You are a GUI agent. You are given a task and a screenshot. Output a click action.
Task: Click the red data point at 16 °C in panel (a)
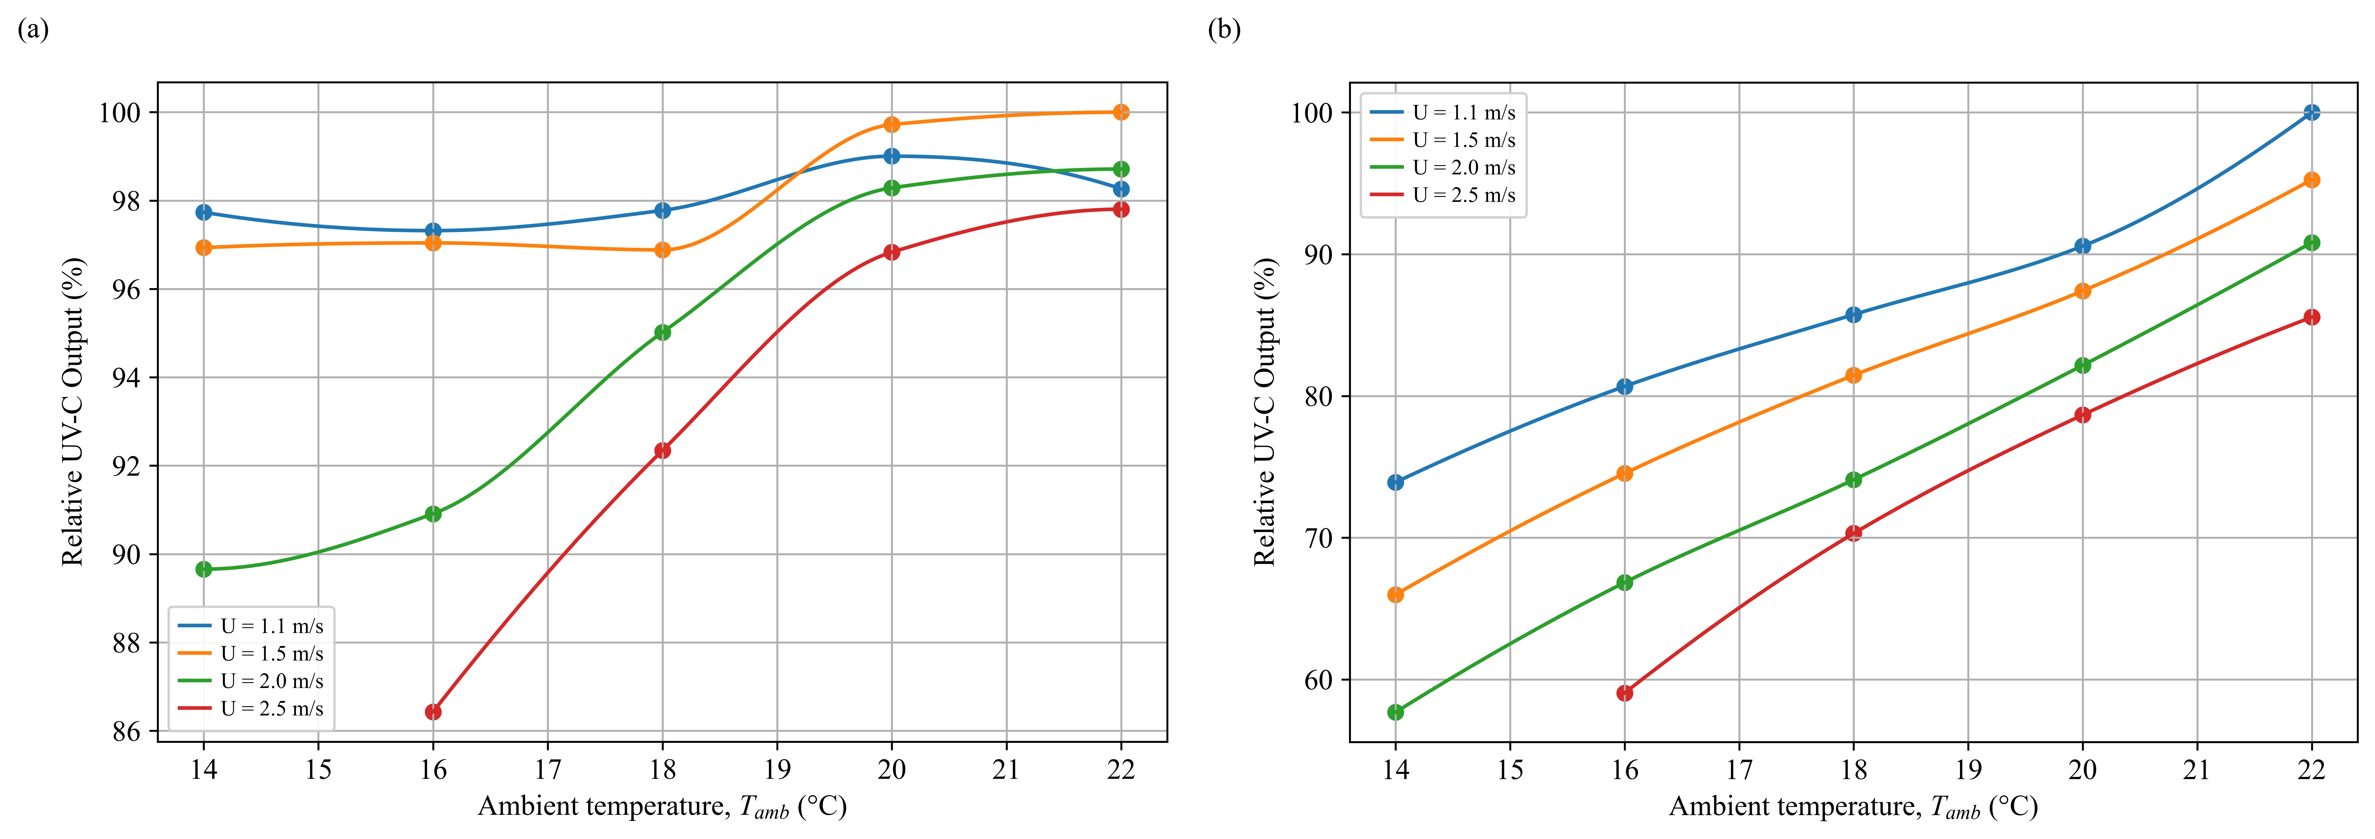click(x=433, y=712)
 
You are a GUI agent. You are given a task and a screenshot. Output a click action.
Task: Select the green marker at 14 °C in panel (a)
click(x=204, y=569)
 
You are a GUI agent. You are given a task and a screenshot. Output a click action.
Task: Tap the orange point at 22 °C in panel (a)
click(x=1121, y=111)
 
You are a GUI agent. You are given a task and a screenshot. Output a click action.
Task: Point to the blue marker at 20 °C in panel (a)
click(x=891, y=156)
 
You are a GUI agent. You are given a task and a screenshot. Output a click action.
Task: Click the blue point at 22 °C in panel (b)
click(x=2311, y=113)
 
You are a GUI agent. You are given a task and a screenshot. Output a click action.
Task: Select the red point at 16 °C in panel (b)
click(x=1624, y=693)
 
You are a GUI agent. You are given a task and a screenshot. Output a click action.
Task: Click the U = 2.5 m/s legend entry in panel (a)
click(x=251, y=708)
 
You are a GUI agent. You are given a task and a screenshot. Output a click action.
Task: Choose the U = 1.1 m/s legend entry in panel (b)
click(x=1443, y=113)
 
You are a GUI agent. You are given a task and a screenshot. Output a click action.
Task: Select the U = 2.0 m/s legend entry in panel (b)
click(x=1443, y=167)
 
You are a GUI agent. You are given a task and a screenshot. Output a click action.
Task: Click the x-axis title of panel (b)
click(x=1853, y=808)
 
